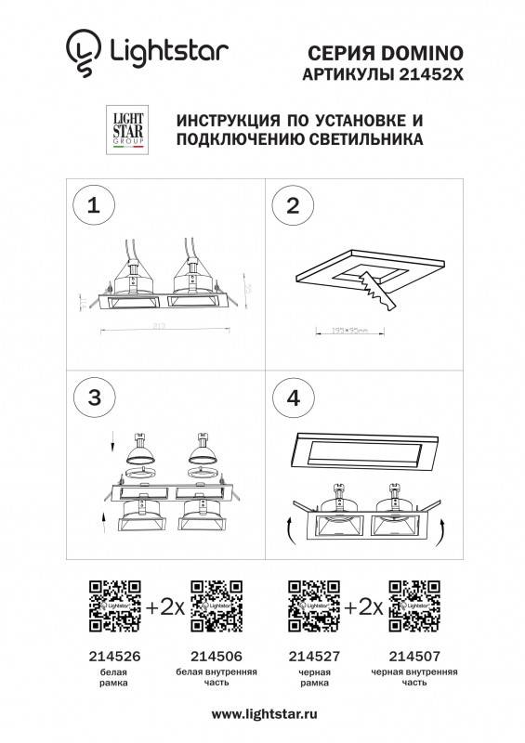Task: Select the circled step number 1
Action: [92, 206]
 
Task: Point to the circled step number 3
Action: [92, 398]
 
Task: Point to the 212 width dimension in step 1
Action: [164, 327]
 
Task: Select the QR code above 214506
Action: [215, 604]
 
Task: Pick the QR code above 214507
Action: [413, 604]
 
